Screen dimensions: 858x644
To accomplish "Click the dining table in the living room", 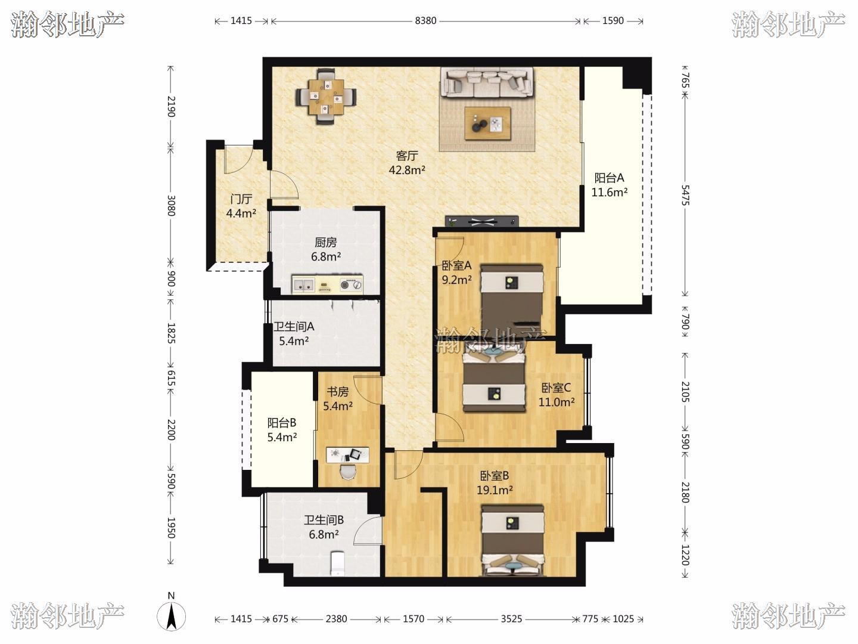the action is click(326, 97).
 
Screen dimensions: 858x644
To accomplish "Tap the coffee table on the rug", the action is click(487, 123).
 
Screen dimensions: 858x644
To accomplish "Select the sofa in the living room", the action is click(487, 82).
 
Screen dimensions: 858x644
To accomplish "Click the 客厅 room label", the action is click(407, 156).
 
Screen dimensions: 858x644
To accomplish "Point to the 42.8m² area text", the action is click(407, 170).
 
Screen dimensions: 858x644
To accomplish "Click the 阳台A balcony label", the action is click(609, 178).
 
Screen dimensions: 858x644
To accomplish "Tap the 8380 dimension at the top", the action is click(425, 21).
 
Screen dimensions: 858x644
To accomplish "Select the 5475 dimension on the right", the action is click(685, 195).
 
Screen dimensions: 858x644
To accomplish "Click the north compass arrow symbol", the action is click(171, 617).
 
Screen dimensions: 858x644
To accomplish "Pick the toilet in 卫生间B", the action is click(337, 563).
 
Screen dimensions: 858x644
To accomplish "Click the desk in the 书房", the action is click(347, 455).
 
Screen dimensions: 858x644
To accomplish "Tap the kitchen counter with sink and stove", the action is click(328, 284).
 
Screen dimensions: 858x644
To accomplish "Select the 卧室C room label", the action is click(556, 388).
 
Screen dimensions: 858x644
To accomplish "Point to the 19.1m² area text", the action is click(495, 490).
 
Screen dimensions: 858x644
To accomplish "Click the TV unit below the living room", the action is click(482, 221).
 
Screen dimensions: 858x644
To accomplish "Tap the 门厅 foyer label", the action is click(241, 199).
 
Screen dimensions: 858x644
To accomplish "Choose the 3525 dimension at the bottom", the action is click(511, 619).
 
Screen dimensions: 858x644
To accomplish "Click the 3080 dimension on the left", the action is click(171, 206).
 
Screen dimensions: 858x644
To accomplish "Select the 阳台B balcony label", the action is click(282, 423).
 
